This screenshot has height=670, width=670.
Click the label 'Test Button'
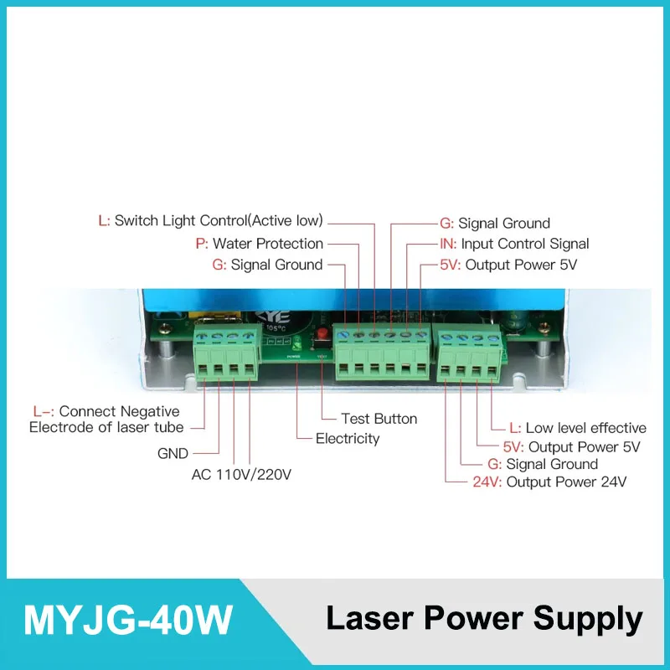(x=379, y=419)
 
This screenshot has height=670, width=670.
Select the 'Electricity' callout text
(x=347, y=438)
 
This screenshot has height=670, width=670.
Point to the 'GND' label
(x=173, y=454)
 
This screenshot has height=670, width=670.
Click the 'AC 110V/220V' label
(x=241, y=475)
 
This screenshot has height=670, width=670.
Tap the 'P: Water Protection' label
(x=259, y=244)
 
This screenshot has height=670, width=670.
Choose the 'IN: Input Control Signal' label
(x=514, y=244)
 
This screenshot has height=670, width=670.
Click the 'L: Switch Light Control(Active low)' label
(x=210, y=221)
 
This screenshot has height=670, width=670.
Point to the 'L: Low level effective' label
(x=578, y=428)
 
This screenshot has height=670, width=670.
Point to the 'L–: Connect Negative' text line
(x=106, y=411)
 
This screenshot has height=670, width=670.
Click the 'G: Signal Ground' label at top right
(x=495, y=224)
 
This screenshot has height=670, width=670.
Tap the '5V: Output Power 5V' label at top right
(x=508, y=265)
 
